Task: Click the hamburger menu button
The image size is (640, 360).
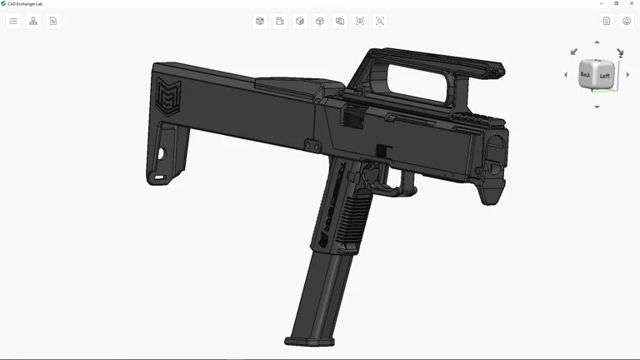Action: pos(13,21)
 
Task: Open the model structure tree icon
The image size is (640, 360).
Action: pos(33,21)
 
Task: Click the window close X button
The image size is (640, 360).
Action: pos(631,3)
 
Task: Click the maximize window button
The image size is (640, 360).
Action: pos(616,3)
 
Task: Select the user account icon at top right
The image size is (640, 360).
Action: pos(627,21)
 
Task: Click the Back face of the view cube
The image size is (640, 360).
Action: pos(586,75)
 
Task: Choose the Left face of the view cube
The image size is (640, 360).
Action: pos(605,75)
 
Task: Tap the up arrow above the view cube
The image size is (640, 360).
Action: pos(597,42)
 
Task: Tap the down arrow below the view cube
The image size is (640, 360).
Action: pos(597,107)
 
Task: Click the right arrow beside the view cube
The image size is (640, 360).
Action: pos(628,75)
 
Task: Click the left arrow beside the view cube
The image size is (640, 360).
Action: pos(566,75)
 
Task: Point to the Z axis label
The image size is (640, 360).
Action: pos(621,55)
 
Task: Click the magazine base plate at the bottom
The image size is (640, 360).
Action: pos(310,341)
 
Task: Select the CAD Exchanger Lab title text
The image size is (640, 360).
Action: pos(25,3)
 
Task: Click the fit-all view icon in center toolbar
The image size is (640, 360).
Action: pos(360,21)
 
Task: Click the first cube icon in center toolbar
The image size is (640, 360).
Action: pos(260,21)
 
